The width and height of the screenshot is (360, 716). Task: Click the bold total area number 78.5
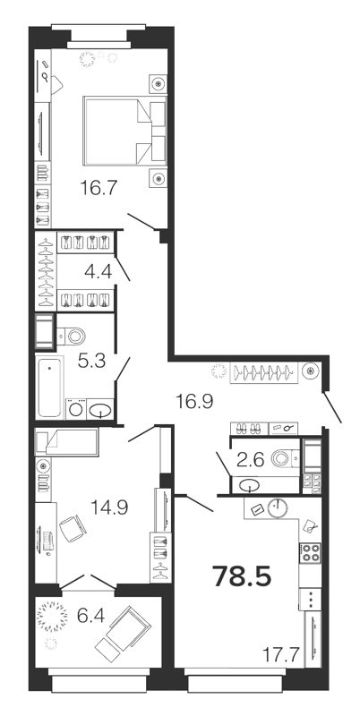242,576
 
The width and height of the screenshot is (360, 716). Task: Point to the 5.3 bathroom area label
91,362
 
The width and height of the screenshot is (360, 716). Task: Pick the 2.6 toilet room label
251,459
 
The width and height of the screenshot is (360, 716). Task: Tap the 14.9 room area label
109,507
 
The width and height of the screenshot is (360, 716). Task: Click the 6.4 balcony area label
91,617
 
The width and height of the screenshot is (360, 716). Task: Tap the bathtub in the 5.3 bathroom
49,388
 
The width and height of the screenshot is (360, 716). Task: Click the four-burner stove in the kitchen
310,553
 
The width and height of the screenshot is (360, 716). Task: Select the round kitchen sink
277,508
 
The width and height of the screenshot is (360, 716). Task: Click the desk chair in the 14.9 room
73,528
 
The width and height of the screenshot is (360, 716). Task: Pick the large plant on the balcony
51,617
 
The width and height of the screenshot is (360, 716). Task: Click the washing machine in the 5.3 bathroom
75,409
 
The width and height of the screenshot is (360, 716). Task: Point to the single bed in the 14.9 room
66,441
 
